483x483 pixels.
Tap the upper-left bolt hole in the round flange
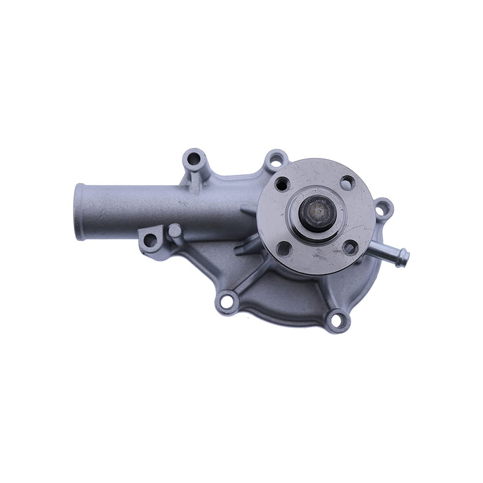click(282, 184)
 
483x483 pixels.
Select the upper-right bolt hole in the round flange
click(347, 183)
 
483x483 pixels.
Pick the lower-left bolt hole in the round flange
click(284, 249)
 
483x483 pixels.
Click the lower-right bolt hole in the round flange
click(350, 247)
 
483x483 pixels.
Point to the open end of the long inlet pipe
click(80, 212)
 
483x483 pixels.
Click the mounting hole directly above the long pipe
click(193, 158)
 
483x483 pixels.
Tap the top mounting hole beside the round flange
click(276, 159)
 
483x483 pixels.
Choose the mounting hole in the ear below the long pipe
click(150, 240)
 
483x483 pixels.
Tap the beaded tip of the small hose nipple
click(402, 257)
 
